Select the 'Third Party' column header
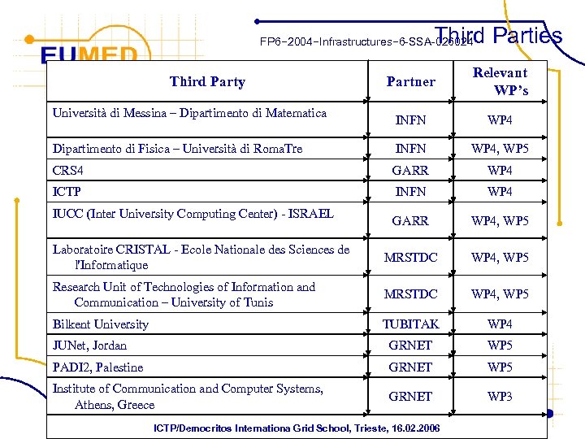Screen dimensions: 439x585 [207, 81]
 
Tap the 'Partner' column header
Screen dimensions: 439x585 [410, 81]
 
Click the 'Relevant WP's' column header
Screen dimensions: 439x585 [500, 81]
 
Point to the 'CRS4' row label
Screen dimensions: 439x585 [68, 171]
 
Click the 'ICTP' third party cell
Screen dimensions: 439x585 [67, 193]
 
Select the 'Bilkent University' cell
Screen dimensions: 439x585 [101, 324]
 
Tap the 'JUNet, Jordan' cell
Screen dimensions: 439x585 [90, 346]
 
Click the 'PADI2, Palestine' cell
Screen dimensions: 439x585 [98, 367]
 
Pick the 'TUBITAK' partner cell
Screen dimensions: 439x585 [410, 324]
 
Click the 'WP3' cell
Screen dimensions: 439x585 [500, 397]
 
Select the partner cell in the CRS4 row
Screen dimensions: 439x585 [410, 171]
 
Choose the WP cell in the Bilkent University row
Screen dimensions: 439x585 [500, 324]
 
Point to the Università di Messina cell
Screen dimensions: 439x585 [189, 113]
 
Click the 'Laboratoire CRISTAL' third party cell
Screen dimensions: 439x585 [201, 257]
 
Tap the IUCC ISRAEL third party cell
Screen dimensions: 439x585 [193, 214]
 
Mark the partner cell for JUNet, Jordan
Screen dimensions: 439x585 [410, 346]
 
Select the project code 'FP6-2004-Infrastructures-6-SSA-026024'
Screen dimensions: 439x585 [365, 41]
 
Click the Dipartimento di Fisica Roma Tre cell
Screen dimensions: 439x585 [177, 149]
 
